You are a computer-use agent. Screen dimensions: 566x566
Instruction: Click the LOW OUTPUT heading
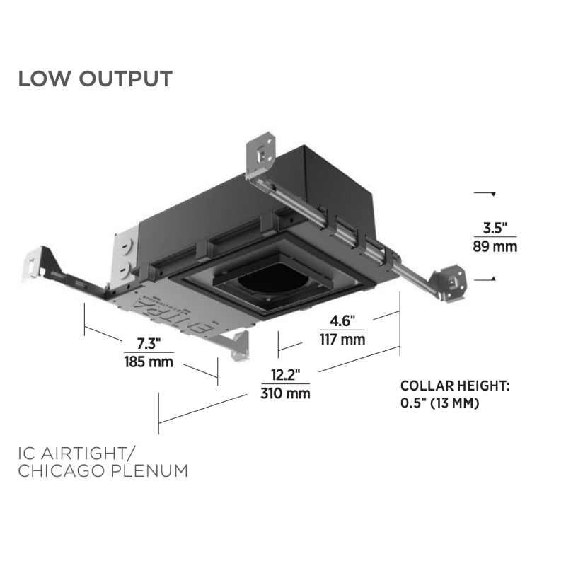point(95,79)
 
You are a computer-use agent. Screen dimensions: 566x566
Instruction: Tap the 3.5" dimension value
point(495,228)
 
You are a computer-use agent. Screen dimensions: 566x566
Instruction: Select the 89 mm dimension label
point(495,247)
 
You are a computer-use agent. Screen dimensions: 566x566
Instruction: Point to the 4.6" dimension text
point(342,320)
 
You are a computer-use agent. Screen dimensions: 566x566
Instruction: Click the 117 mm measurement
point(342,340)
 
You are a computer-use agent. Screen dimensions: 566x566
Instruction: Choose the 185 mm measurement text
point(149,362)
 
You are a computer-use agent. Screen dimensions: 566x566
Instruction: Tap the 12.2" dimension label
point(285,374)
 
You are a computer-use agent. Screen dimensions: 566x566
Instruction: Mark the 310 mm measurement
point(285,393)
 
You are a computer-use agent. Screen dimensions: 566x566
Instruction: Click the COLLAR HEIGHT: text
point(455,386)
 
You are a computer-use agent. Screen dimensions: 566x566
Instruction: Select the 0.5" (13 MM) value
point(440,404)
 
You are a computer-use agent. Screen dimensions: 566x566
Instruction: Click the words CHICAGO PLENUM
point(103,470)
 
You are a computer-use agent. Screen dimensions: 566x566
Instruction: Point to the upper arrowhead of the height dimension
point(492,193)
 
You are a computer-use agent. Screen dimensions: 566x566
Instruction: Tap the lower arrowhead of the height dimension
point(492,279)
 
